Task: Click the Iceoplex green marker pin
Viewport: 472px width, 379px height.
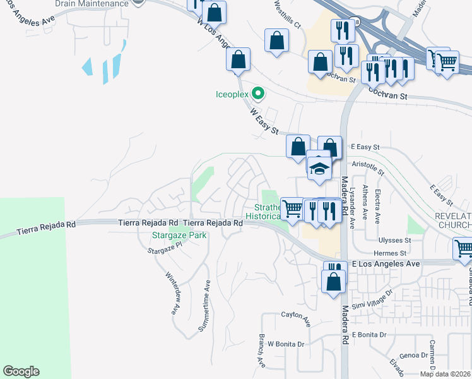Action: [x=257, y=94]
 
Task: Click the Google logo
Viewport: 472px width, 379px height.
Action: [x=21, y=371]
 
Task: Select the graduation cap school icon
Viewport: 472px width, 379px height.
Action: [x=319, y=167]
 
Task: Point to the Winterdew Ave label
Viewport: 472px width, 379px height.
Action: [x=171, y=294]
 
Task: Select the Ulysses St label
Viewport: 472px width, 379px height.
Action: [x=394, y=241]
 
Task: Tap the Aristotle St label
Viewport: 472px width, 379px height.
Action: [x=368, y=167]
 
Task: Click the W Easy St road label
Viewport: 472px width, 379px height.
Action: [x=264, y=121]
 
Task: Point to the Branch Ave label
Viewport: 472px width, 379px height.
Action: [x=261, y=351]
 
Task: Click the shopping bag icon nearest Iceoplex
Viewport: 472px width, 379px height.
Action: [x=239, y=61]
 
